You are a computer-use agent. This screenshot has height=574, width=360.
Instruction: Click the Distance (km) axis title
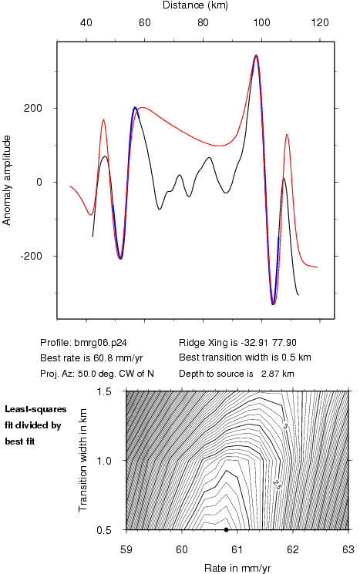click(195, 5)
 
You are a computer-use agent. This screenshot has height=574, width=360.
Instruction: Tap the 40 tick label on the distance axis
click(86, 23)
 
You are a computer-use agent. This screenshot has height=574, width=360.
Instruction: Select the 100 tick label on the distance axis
click(261, 23)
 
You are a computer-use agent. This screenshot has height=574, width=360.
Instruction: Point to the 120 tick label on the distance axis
click(320, 23)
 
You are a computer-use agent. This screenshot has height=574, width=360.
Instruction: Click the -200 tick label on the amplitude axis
click(32, 257)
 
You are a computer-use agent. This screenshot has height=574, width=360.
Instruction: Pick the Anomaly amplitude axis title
click(7, 180)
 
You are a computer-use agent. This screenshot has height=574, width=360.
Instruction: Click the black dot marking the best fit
click(227, 530)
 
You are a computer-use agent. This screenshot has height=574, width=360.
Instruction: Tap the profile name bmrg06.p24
click(101, 343)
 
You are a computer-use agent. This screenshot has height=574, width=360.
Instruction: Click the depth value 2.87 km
click(278, 374)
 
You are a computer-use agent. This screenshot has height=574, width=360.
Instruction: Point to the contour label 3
click(286, 426)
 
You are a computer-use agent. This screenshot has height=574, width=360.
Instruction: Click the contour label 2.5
click(277, 485)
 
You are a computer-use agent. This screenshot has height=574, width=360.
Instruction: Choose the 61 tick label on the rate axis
click(237, 550)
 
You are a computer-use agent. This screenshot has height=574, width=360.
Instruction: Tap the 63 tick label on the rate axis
click(348, 550)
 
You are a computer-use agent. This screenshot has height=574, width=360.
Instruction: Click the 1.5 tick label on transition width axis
click(104, 391)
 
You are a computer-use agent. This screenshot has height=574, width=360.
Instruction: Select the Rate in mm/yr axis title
click(237, 568)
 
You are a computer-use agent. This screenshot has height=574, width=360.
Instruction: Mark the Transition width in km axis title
click(83, 460)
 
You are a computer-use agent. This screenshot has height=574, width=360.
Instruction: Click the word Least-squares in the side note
click(35, 409)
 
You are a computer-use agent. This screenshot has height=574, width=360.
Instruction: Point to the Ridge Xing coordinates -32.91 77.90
click(268, 343)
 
